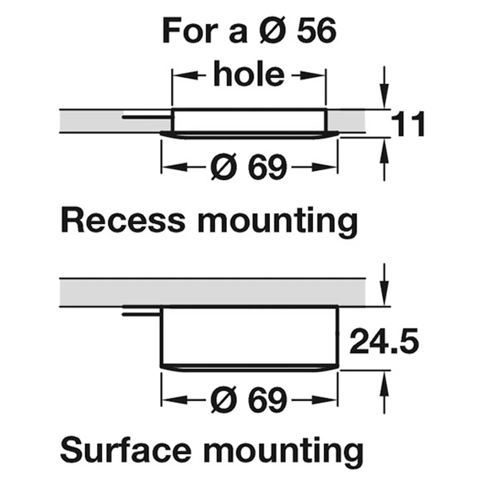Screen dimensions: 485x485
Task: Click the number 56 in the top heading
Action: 316,31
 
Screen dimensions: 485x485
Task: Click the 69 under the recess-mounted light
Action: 267,167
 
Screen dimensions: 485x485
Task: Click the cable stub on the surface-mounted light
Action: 141,314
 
